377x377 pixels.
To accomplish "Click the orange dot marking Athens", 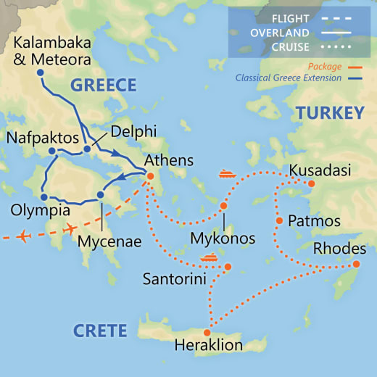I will click(x=150, y=175).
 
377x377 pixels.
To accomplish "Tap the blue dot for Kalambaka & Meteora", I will click(x=40, y=72).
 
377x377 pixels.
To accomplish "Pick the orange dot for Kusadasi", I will click(x=312, y=183).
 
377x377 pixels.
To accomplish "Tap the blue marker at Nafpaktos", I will click(x=51, y=151).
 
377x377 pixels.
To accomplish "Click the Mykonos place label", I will click(x=223, y=239).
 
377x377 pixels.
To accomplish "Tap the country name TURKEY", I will click(x=328, y=112).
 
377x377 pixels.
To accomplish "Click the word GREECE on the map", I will click(x=103, y=86).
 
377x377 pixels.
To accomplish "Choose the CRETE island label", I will click(x=100, y=331).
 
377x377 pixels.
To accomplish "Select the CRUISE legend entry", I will click(x=294, y=48).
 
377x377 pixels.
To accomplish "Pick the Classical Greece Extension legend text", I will click(x=289, y=78).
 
